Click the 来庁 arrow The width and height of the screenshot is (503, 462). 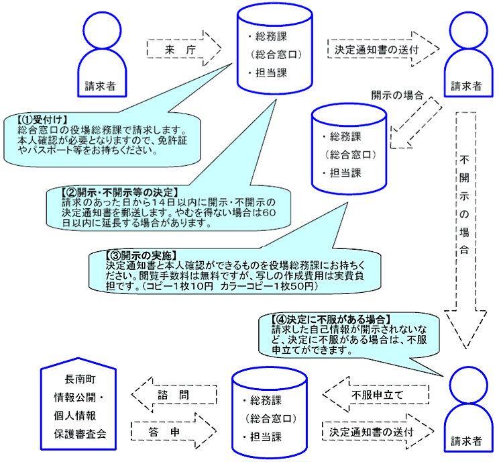pos(181,49)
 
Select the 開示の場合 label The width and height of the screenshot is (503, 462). pos(397,95)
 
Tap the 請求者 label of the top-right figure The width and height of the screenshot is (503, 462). pos(467,86)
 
